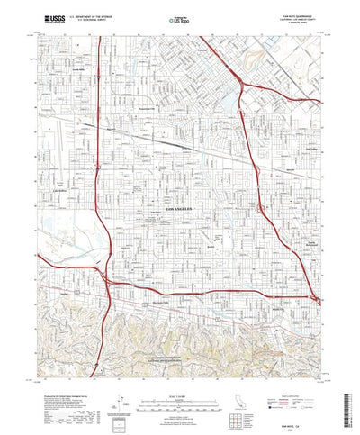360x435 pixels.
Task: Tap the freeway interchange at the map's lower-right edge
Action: (314, 298)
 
